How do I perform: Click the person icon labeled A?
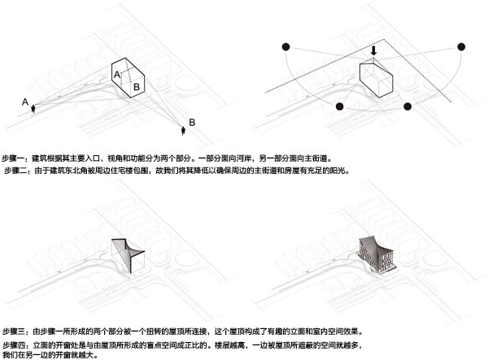click(x=33, y=110)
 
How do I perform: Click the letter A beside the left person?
click(x=25, y=101)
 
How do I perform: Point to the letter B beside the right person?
click(x=192, y=122)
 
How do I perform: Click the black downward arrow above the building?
click(x=373, y=50)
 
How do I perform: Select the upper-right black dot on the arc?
click(x=462, y=46)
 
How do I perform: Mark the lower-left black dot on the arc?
click(x=339, y=106)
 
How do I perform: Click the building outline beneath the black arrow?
click(x=377, y=80)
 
